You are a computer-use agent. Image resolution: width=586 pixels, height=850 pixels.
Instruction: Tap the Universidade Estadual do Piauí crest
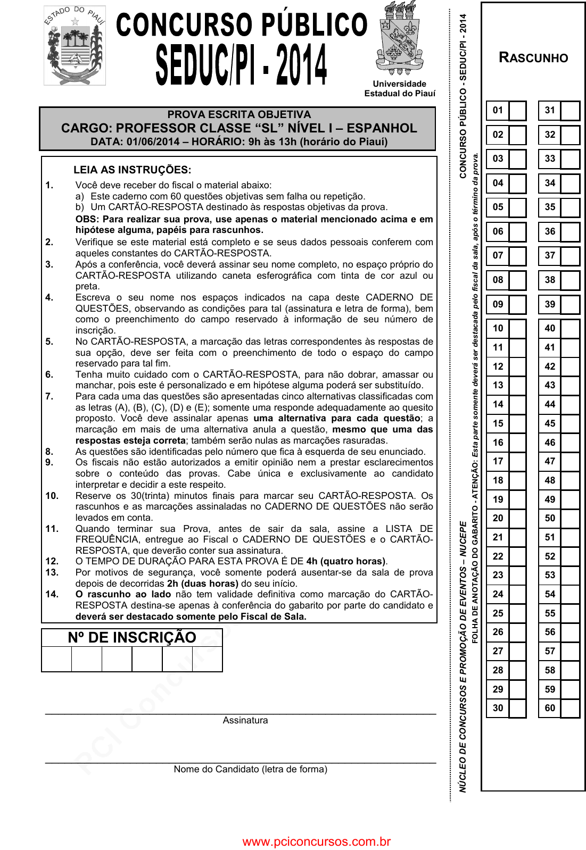point(400,38)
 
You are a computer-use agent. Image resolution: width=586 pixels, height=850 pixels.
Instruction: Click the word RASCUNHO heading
point(533,58)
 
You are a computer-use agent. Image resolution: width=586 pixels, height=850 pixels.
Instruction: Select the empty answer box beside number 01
point(517,111)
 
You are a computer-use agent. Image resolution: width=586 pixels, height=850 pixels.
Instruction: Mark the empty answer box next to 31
point(570,111)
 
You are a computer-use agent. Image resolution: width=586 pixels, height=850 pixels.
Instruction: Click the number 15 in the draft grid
point(498,423)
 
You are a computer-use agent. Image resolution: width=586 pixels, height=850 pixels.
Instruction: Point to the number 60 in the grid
point(550,708)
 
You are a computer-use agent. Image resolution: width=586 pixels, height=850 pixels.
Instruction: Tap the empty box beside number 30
point(517,708)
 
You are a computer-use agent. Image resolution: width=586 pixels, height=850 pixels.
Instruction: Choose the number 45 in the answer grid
point(550,423)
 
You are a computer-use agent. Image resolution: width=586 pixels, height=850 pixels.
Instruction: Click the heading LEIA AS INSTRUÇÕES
point(132,170)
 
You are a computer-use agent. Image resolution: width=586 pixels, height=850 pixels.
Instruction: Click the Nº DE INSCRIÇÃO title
point(132,637)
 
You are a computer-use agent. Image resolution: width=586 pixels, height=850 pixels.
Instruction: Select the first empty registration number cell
point(56,659)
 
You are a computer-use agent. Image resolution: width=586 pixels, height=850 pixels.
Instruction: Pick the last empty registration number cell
point(207,659)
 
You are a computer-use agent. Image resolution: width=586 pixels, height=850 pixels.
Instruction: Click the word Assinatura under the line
point(245,720)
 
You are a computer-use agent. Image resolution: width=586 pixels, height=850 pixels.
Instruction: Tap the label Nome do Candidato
point(250,769)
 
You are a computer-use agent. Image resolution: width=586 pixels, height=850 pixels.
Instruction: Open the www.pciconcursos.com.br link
point(316,841)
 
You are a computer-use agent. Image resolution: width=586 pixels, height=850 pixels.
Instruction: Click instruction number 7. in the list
point(49,396)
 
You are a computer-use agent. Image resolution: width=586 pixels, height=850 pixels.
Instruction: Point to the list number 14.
point(52,594)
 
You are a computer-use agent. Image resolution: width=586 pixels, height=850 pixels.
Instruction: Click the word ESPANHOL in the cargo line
point(382,128)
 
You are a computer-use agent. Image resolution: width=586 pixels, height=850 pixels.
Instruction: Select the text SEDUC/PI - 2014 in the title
point(241,65)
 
